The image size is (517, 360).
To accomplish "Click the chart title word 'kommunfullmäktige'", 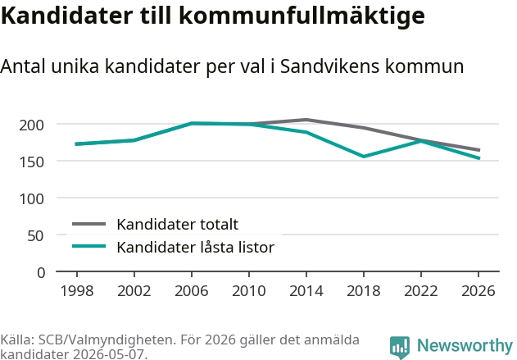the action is [x=302, y=16].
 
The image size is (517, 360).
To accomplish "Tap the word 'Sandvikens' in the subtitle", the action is [x=329, y=66].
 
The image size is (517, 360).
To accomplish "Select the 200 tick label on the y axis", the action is [x=31, y=125].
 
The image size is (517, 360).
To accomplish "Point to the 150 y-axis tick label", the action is [x=31, y=162].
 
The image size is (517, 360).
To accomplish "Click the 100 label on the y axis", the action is [x=31, y=199].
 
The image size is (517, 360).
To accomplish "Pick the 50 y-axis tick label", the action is [x=35, y=236].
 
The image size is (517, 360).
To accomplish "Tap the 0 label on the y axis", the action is [x=41, y=273].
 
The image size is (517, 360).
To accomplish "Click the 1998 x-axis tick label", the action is [x=77, y=290].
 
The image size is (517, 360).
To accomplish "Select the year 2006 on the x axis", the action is [x=192, y=290].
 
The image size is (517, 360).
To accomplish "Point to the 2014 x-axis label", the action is [x=306, y=290].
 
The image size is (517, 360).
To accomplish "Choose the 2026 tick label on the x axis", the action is [x=478, y=290].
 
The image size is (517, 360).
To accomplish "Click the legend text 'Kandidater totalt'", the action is [x=178, y=225].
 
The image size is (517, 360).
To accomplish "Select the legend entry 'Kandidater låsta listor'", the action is [x=196, y=247].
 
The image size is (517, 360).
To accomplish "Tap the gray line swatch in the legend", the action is [x=88, y=224].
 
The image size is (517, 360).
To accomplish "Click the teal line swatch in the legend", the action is [x=88, y=246].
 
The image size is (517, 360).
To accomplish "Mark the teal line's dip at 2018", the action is [x=364, y=157].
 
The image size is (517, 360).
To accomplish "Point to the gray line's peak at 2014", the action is [x=306, y=120].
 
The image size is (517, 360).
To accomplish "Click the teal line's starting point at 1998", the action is [x=76, y=144].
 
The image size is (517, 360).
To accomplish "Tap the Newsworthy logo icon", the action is [x=400, y=347].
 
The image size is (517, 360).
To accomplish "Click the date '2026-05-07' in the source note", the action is [x=108, y=354].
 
